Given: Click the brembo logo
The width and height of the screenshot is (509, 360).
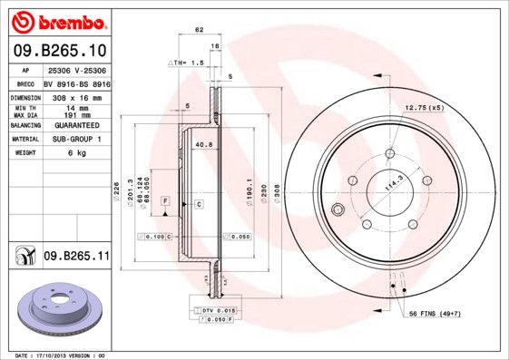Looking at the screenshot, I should pyautogui.click(x=58, y=21).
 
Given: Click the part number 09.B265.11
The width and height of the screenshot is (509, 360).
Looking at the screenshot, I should pyautogui.click(x=76, y=257).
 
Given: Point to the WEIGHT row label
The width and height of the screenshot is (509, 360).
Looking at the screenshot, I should pyautogui.click(x=24, y=153).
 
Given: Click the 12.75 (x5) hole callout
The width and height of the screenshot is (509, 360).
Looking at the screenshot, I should pyautogui.click(x=423, y=108).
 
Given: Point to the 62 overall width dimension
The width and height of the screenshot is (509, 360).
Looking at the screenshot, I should pyautogui.click(x=198, y=31).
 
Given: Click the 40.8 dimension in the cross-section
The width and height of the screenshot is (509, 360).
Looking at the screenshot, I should pyautogui.click(x=204, y=143).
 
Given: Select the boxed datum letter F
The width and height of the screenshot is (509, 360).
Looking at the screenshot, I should pyautogui.click(x=165, y=199).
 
